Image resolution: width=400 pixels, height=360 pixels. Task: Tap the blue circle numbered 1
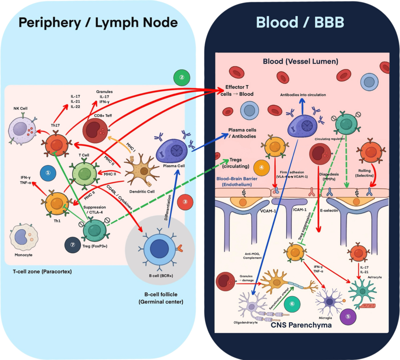pyautogui.click(x=48, y=173)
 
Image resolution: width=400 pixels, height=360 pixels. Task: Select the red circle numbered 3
pyautogui.click(x=185, y=202)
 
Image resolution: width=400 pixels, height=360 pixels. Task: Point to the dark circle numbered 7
pyautogui.click(x=73, y=245)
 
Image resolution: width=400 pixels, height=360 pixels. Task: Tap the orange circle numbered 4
pyautogui.click(x=262, y=167)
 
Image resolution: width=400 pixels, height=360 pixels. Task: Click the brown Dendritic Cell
pyautogui.click(x=142, y=170)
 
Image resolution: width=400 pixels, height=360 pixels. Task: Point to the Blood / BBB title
pyautogui.click(x=300, y=22)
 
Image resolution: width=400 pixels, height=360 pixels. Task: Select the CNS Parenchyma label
pyautogui.click(x=302, y=325)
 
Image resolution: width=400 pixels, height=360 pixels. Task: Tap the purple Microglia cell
pyautogui.click(x=329, y=302)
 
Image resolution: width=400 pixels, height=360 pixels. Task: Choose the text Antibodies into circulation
pyautogui.click(x=303, y=95)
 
